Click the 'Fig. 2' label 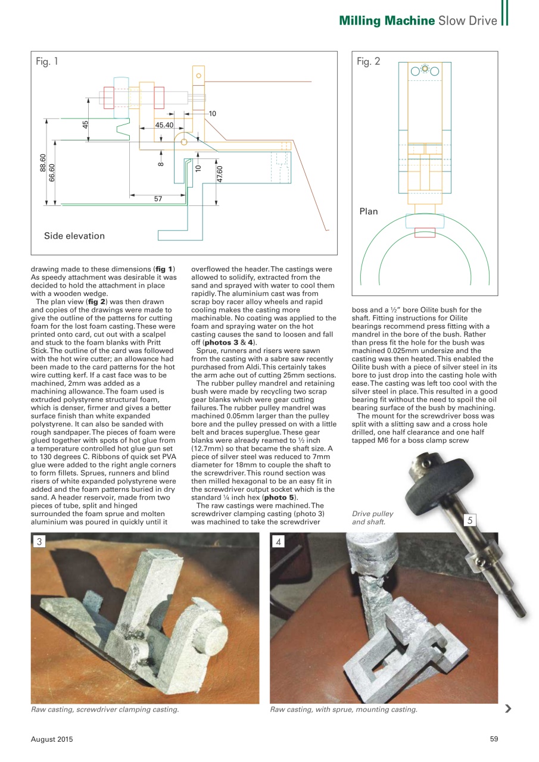[x=368, y=61]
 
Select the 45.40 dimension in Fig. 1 [x=164, y=125]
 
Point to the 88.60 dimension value [x=42, y=163]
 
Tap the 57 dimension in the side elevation [x=158, y=199]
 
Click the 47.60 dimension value [x=220, y=174]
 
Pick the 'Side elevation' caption [x=74, y=236]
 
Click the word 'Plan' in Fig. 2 [x=368, y=211]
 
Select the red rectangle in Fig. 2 [x=425, y=232]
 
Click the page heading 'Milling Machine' [x=387, y=21]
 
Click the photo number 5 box [x=470, y=520]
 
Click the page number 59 [x=494, y=739]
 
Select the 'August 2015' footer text [x=52, y=739]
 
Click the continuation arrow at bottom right [x=507, y=708]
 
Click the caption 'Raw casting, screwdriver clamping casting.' [x=105, y=709]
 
